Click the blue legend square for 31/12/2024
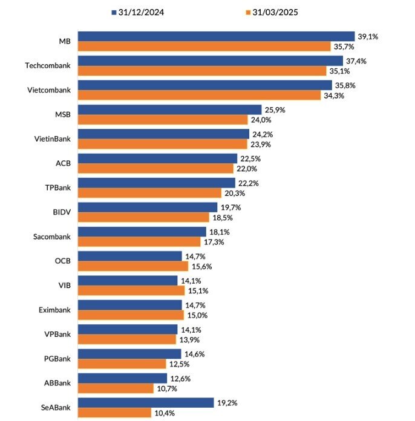click(x=114, y=12)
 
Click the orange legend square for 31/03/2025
click(x=248, y=12)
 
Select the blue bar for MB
click(x=216, y=36)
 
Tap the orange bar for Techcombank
click(x=202, y=71)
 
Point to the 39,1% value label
click(x=368, y=36)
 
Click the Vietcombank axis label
click(x=49, y=90)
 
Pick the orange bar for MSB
click(x=163, y=120)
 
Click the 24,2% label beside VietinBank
click(x=263, y=134)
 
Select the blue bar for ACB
click(x=158, y=158)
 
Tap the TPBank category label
click(x=57, y=188)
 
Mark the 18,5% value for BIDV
click(x=223, y=218)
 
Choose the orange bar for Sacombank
click(x=139, y=241)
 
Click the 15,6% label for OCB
click(x=201, y=266)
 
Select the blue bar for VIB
click(x=128, y=281)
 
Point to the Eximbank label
click(x=54, y=310)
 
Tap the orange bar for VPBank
click(x=127, y=339)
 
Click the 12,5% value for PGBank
click(x=179, y=364)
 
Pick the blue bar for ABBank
click(x=122, y=378)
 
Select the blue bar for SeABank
click(x=146, y=403)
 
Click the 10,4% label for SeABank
click(x=165, y=413)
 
